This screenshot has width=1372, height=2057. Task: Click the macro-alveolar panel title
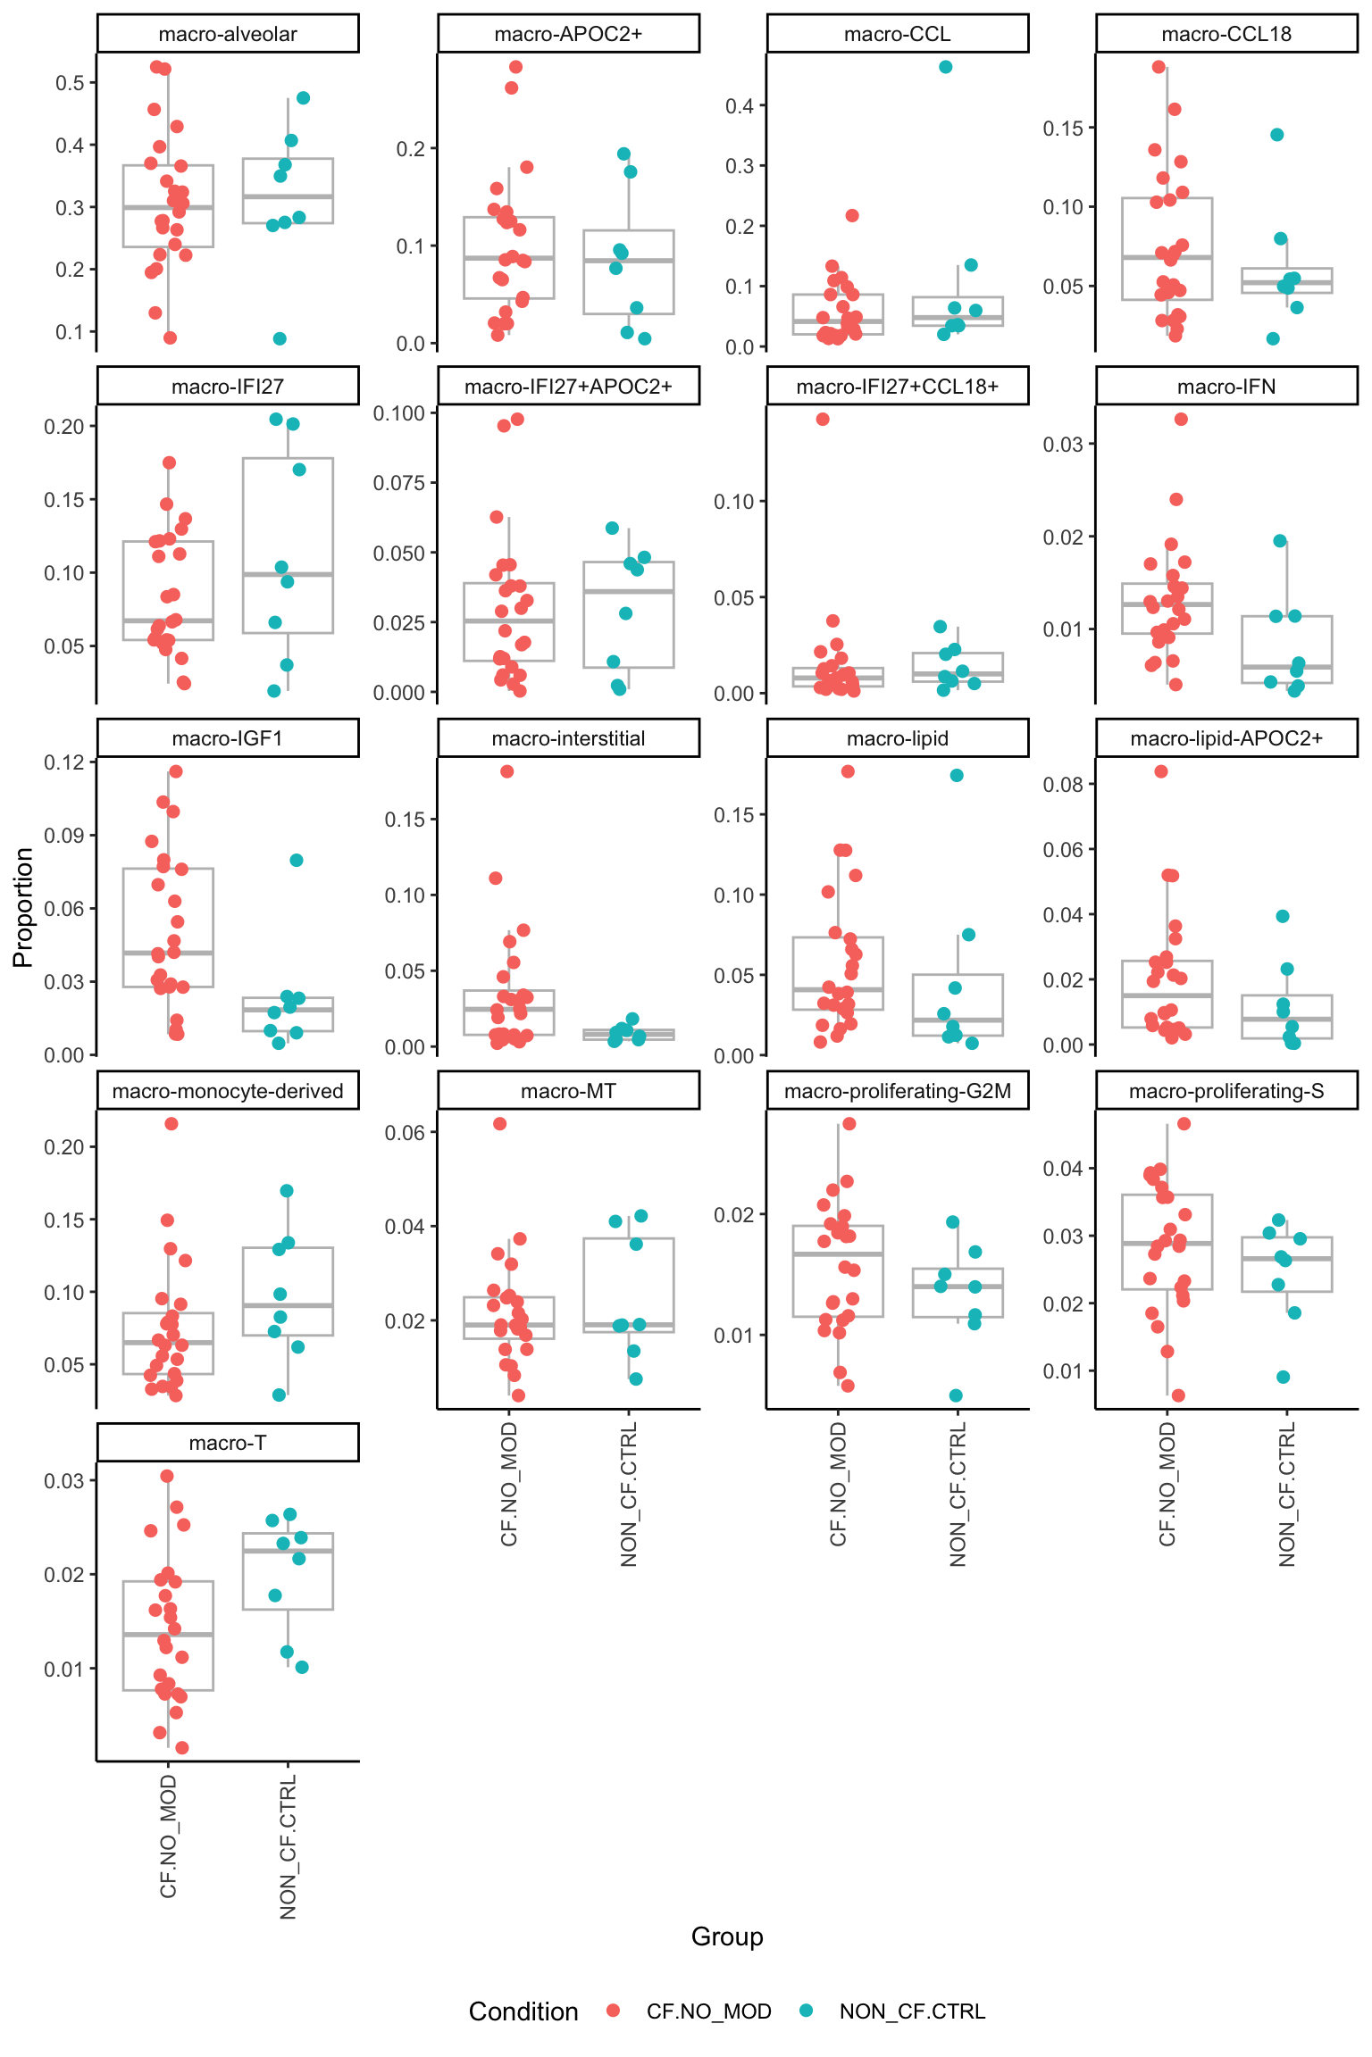(x=228, y=34)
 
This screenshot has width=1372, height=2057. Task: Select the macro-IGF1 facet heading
(x=228, y=738)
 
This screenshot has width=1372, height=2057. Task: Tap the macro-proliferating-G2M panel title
(x=897, y=1091)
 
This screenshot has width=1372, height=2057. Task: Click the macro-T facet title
(x=228, y=1443)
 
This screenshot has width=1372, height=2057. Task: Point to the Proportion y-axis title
(x=23, y=907)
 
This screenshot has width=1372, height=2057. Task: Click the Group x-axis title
(x=727, y=1936)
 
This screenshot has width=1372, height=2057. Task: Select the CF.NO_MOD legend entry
(x=708, y=2011)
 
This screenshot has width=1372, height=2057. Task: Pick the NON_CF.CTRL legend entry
(x=911, y=2011)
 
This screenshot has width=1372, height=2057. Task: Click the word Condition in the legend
(x=523, y=2011)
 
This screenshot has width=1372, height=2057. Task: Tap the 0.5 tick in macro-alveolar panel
(x=70, y=83)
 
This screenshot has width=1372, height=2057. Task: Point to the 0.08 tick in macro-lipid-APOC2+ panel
(x=1063, y=785)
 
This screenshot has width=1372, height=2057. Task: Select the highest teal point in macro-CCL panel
(x=946, y=67)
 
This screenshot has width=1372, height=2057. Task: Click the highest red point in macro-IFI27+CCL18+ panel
(x=823, y=419)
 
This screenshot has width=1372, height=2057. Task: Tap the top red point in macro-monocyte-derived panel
(x=171, y=1124)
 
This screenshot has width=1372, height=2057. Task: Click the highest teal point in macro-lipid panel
(x=957, y=775)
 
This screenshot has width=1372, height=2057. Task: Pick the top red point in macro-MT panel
(x=500, y=1124)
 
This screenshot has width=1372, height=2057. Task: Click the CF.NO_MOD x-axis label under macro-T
(x=169, y=1836)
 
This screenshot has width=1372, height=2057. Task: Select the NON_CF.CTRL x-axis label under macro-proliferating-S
(x=1287, y=1495)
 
